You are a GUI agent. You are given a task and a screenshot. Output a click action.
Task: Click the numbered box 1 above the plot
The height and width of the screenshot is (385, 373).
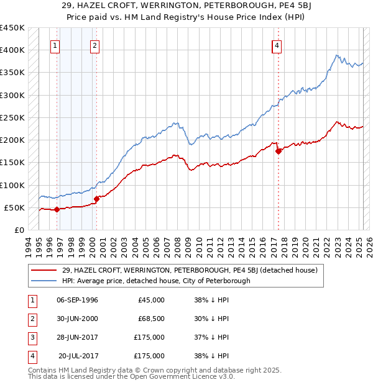pyautogui.click(x=56, y=45)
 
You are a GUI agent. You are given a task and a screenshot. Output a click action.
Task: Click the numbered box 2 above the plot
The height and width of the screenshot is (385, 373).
pyautogui.click(x=94, y=45)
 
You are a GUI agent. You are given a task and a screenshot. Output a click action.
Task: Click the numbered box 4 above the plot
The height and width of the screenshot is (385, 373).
pyautogui.click(x=276, y=45)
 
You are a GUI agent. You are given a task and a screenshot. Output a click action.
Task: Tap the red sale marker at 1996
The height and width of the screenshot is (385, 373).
pyautogui.click(x=57, y=209)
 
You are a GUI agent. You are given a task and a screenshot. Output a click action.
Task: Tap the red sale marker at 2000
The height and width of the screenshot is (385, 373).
pyautogui.click(x=96, y=199)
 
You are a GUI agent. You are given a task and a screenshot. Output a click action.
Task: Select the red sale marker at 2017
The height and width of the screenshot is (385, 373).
pyautogui.click(x=278, y=151)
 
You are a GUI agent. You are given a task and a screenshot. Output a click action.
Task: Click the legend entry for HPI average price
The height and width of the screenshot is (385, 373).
pyautogui.click(x=155, y=281)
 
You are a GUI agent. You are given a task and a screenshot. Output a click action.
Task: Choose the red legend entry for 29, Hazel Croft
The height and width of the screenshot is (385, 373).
pyautogui.click(x=190, y=270)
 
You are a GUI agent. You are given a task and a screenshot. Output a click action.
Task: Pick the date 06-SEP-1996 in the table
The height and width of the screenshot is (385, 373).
pyautogui.click(x=77, y=300)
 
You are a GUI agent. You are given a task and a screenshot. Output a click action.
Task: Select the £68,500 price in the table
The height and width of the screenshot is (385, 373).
pyautogui.click(x=150, y=319)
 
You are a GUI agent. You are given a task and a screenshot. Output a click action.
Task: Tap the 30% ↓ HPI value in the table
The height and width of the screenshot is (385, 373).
pyautogui.click(x=211, y=319)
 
